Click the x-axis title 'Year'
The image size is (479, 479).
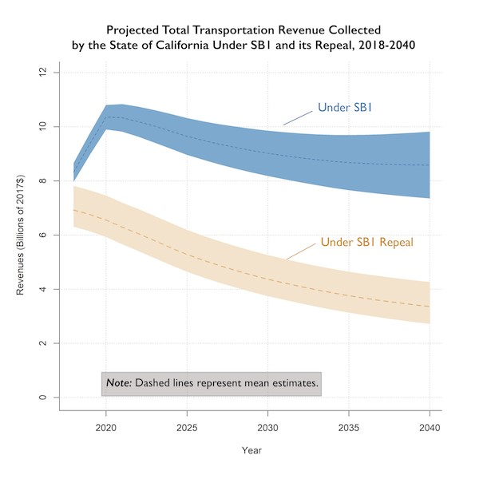click(x=251, y=450)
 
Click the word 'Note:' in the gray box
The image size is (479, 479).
click(x=119, y=383)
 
